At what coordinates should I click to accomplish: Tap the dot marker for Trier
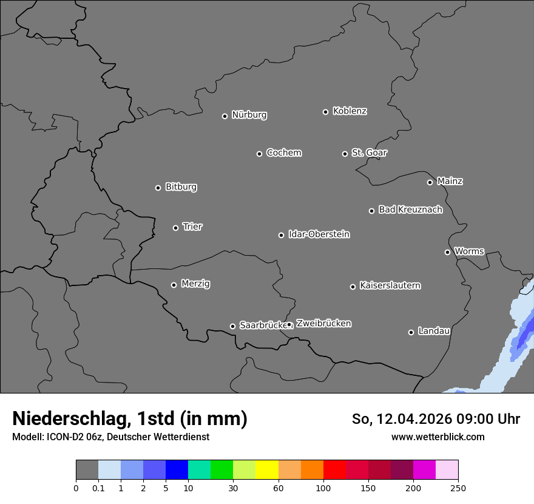click(176, 228)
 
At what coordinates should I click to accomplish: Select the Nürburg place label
click(249, 115)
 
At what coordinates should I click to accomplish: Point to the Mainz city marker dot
click(430, 182)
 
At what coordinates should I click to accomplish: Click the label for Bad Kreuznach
click(410, 209)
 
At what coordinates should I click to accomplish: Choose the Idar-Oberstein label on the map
click(319, 234)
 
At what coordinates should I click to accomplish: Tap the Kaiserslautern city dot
click(353, 287)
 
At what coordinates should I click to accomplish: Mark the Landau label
click(434, 331)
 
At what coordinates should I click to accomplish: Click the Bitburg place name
click(181, 187)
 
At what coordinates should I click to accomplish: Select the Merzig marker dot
click(174, 285)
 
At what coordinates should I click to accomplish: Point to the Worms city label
click(469, 251)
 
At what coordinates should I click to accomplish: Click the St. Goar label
click(369, 152)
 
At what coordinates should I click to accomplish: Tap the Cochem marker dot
click(259, 154)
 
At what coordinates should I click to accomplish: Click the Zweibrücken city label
click(323, 323)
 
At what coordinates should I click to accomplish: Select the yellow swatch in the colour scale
click(267, 470)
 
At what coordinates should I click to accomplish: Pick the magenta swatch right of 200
click(424, 470)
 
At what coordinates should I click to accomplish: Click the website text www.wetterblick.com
click(438, 437)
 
